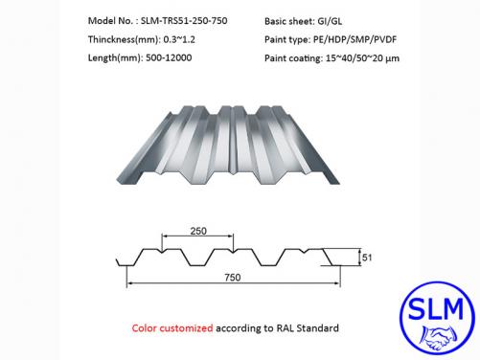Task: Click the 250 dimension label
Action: [x=198, y=230]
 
